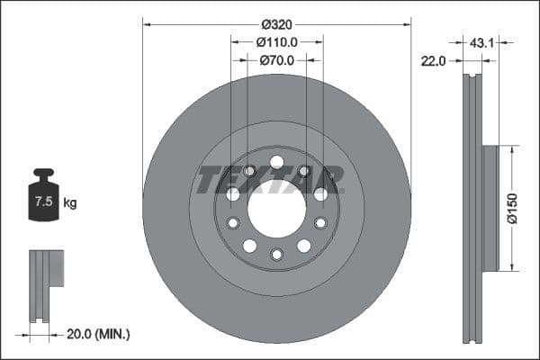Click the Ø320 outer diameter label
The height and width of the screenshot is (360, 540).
click(276, 24)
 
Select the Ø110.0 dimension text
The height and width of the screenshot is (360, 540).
click(276, 42)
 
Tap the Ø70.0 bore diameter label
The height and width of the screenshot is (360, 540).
click(276, 61)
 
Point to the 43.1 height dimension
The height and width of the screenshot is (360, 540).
click(482, 41)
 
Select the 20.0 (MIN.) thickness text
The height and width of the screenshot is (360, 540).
click(99, 334)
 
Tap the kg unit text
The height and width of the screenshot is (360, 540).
click(70, 203)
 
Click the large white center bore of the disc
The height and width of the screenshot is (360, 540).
click(276, 209)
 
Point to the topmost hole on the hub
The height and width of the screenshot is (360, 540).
click(276, 162)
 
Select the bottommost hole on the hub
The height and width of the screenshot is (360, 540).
click(276, 255)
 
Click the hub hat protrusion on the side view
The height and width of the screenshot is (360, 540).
click(490, 208)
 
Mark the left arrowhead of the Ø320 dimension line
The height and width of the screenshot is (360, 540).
click(146, 24)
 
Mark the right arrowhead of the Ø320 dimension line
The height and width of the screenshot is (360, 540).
click(408, 24)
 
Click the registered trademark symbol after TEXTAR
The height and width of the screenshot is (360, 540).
click(341, 168)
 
